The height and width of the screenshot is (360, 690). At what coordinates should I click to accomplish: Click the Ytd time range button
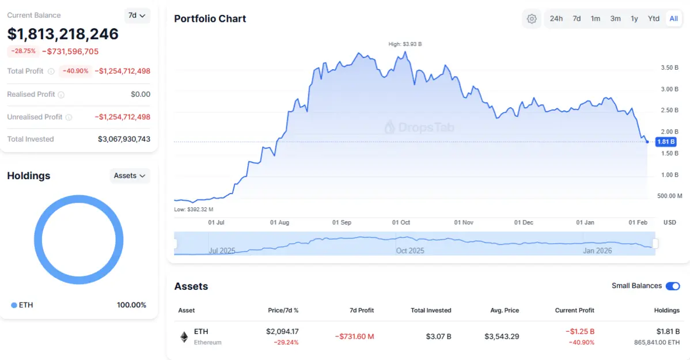653,18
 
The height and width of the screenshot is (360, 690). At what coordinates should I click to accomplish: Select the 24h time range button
556,18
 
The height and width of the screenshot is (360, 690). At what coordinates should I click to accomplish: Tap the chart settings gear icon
532,19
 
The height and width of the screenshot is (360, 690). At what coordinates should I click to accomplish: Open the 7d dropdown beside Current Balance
137,16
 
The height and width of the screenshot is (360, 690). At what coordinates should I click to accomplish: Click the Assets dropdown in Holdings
129,176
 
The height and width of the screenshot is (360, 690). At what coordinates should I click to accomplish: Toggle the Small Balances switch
672,286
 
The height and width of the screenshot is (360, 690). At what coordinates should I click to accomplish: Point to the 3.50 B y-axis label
669,68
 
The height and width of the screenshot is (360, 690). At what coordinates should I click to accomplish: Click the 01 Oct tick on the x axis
401,222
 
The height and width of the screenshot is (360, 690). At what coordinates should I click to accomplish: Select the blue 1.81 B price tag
666,142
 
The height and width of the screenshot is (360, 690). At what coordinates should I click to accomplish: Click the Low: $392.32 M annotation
194,210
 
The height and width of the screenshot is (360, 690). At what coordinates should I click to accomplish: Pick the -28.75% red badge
24,51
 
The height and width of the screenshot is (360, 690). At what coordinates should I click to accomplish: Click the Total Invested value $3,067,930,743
124,139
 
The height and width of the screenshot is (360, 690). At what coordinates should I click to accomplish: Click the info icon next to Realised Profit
61,94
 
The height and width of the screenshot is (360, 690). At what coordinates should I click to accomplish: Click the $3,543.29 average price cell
502,336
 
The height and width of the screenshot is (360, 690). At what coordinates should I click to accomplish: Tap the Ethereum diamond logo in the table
184,337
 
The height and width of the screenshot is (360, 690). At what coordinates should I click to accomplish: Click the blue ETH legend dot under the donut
14,305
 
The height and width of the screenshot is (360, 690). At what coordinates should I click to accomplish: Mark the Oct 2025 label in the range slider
410,251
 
